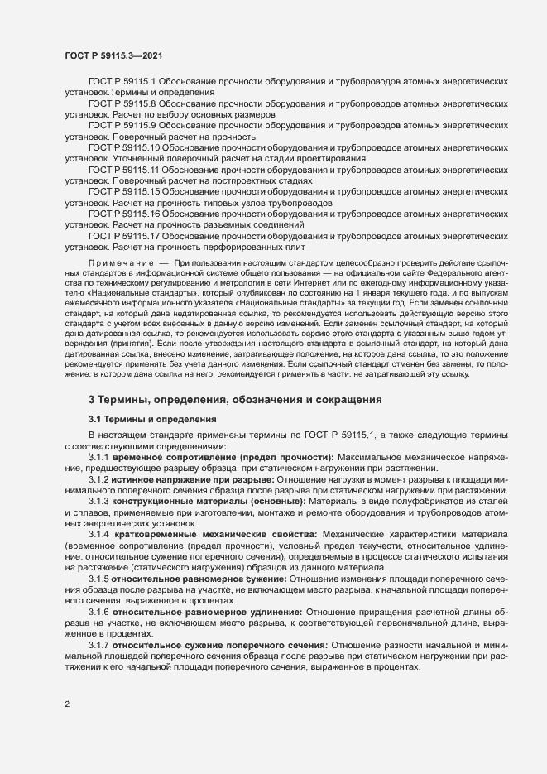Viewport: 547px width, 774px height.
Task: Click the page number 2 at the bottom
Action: [x=67, y=704]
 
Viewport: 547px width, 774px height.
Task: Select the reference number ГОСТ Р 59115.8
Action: [x=122, y=104]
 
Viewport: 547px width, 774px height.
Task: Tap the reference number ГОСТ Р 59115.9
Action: [x=122, y=124]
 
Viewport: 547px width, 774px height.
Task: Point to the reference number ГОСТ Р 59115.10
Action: [x=125, y=147]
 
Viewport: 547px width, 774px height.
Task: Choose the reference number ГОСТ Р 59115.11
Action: [x=125, y=169]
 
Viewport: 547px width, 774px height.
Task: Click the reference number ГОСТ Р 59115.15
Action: [x=125, y=191]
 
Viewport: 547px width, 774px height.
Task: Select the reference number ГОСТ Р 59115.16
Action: [x=125, y=214]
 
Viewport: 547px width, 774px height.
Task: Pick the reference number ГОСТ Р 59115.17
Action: [x=125, y=236]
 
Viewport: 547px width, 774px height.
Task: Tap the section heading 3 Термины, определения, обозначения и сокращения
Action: [x=235, y=400]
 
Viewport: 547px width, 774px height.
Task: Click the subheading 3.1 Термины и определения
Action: [x=152, y=420]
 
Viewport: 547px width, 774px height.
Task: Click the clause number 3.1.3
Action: [x=99, y=502]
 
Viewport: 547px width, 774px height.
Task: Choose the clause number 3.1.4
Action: [x=99, y=536]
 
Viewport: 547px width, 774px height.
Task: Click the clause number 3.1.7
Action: [x=99, y=645]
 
